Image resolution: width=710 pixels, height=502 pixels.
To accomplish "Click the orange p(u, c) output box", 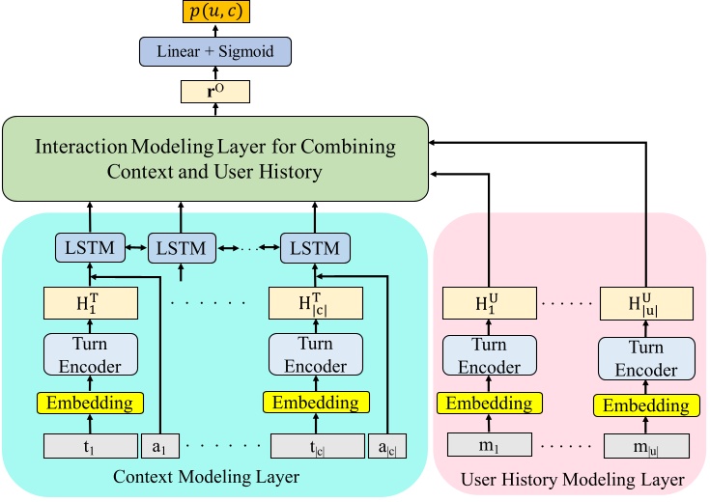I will click(x=215, y=12).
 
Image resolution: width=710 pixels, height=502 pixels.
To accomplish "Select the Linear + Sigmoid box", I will click(x=215, y=51).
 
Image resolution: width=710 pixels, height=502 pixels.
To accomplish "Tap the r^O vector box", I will click(x=215, y=92).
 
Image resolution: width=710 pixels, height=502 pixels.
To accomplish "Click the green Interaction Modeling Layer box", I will click(x=215, y=159).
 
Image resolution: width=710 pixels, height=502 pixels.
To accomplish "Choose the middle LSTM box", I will click(x=181, y=249).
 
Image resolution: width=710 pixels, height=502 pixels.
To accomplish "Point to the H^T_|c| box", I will click(x=315, y=304).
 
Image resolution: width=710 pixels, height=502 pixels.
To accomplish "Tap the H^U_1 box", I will click(x=488, y=305).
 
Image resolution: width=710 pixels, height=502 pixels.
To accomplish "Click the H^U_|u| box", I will click(x=646, y=305).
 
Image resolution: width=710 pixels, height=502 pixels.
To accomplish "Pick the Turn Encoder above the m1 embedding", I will click(x=488, y=356).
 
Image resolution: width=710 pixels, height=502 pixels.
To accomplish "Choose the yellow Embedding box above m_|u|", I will click(x=646, y=405).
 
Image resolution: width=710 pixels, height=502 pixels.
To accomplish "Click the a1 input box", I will click(x=159, y=446).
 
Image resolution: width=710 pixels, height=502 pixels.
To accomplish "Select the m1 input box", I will click(x=488, y=446).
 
